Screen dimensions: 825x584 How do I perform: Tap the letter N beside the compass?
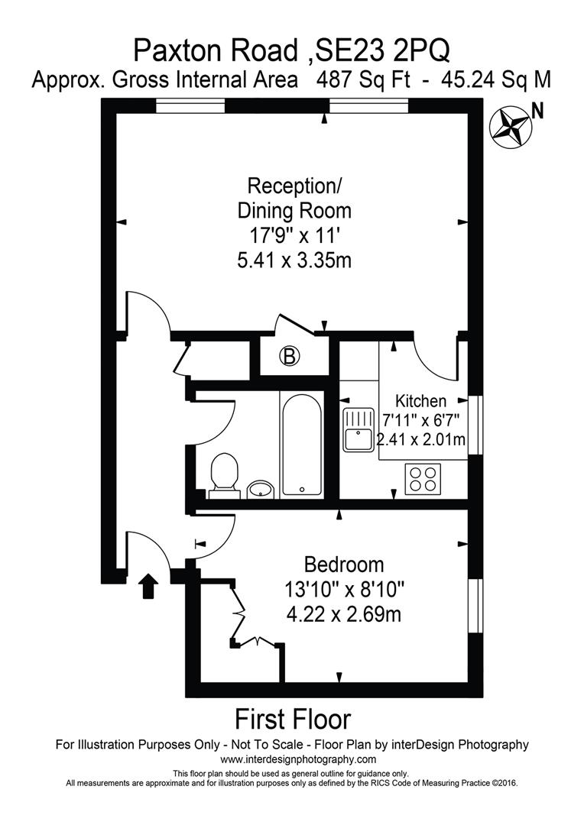click(x=538, y=112)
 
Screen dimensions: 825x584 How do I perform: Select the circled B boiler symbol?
click(x=290, y=355)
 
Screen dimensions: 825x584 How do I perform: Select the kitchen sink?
click(x=357, y=429)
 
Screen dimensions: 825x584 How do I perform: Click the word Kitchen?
click(x=420, y=400)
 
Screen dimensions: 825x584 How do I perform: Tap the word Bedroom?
click(x=343, y=565)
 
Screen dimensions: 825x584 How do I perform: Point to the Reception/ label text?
click(x=295, y=186)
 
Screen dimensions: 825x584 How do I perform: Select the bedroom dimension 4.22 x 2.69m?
click(x=343, y=613)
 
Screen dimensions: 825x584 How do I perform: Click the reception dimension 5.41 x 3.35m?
click(x=295, y=260)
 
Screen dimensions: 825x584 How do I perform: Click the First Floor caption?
click(x=292, y=719)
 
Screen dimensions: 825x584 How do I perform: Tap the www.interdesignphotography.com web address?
click(x=298, y=759)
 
